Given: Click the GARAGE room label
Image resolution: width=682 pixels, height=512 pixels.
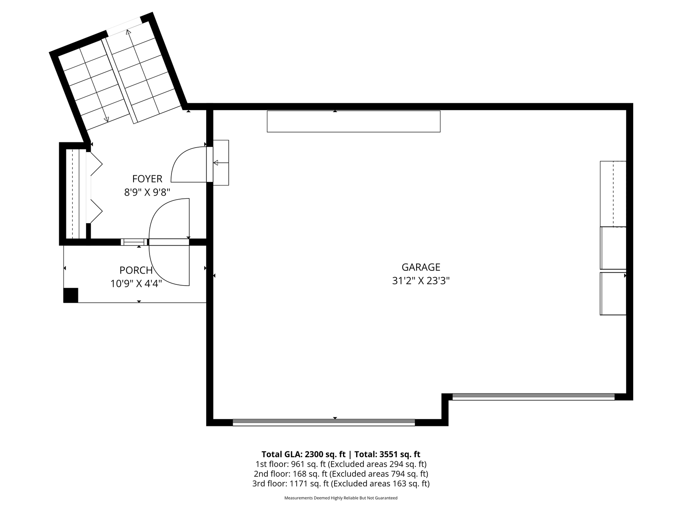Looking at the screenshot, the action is pos(421,267).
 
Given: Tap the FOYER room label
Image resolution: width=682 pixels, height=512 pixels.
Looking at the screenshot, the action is pos(147,179).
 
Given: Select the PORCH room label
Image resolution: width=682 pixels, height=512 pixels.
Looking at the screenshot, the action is pos(136,270).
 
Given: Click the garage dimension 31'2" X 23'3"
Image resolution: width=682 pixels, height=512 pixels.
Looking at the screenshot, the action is pos(421,281).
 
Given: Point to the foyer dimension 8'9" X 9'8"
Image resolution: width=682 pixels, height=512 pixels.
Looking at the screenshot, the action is pos(147,192).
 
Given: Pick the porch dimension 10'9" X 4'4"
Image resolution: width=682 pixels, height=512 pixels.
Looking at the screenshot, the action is pos(136,284).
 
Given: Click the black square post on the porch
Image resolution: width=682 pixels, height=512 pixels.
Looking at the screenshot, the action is pos(71,295).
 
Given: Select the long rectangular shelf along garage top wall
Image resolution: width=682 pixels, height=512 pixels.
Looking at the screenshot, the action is pos(353,121).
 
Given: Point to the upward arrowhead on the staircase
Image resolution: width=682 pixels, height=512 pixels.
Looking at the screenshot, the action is pos(128,32).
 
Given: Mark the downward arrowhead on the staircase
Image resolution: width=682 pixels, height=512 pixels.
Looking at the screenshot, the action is pos(106,119).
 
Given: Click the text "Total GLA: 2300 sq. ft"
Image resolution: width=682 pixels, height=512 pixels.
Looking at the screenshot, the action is pos(303,454).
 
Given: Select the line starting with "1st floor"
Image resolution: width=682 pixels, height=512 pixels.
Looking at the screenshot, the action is pos(341,464).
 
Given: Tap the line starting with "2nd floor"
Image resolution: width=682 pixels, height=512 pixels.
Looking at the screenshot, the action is pos(341,474).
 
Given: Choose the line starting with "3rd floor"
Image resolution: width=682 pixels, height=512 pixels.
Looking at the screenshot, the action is pos(341,484).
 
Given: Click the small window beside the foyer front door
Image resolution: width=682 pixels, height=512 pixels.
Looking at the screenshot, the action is pos(134,242).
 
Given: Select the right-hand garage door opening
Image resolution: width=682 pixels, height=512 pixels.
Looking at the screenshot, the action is pos(533,397).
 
